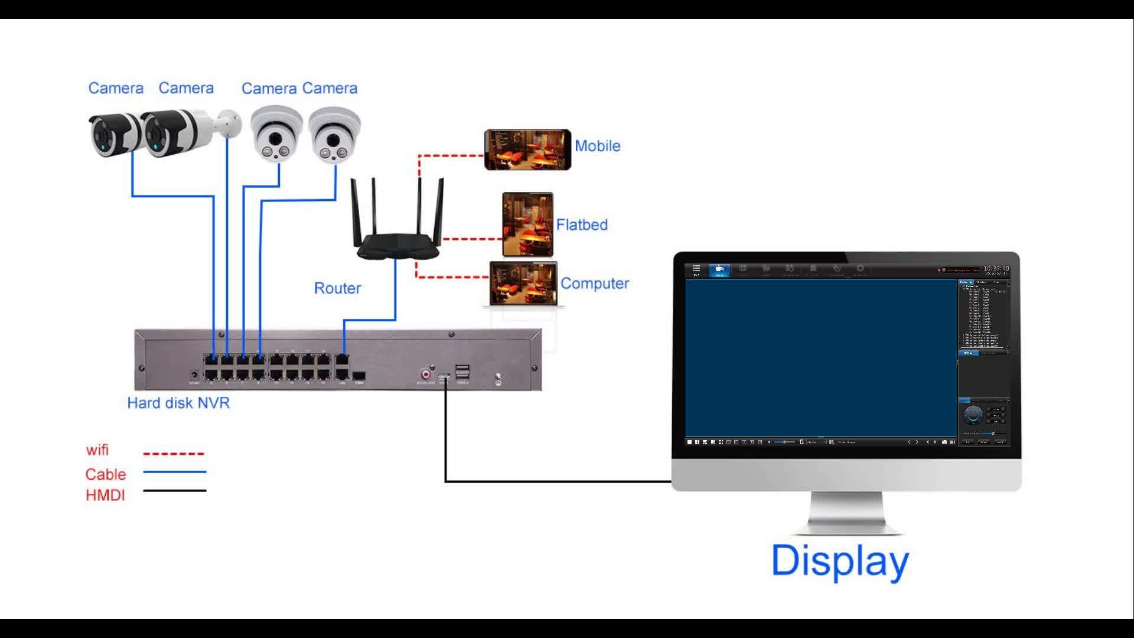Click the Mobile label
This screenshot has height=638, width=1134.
tap(597, 146)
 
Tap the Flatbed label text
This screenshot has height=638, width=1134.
tap(581, 224)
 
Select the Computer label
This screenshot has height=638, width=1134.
tap(594, 284)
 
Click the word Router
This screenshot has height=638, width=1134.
tap(337, 288)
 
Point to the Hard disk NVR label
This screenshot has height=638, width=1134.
tap(178, 403)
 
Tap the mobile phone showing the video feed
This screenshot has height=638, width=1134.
tap(527, 150)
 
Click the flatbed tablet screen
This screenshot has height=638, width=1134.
tap(527, 224)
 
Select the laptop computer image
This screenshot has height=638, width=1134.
tap(523, 285)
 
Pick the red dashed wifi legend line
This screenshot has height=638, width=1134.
tap(174, 454)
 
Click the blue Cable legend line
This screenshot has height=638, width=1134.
tap(174, 472)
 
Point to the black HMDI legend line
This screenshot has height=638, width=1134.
tap(174, 490)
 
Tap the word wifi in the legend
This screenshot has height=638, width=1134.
tap(97, 450)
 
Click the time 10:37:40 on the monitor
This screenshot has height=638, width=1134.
tap(996, 269)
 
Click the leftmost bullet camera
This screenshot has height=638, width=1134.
tap(114, 135)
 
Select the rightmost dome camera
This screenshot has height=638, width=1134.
tap(334, 134)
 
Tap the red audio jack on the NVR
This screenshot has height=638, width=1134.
tap(425, 374)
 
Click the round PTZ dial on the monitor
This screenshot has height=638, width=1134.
tap(973, 415)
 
